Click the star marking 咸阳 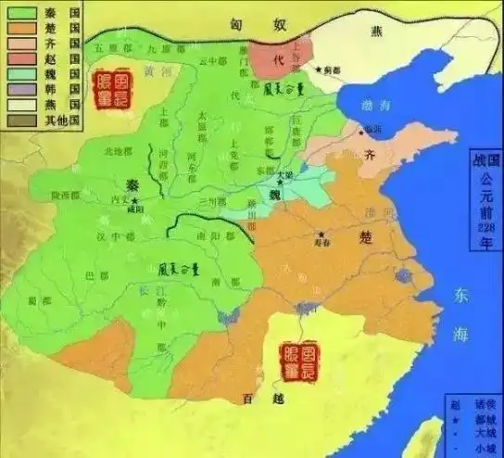tap(136, 201)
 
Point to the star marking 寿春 tap(321, 234)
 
